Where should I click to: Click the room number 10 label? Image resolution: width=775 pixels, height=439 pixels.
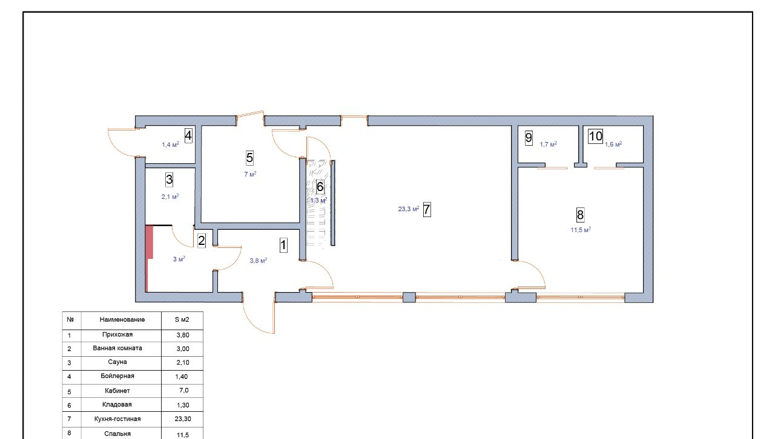click(595, 136)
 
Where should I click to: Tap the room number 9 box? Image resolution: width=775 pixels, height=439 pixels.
click(529, 138)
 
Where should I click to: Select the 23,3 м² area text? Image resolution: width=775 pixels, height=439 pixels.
click(409, 209)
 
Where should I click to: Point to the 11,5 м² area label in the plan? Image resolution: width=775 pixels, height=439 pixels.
click(581, 230)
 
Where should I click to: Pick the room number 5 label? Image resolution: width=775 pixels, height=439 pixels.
click(249, 158)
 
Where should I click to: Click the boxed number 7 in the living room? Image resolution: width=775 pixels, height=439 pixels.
click(427, 209)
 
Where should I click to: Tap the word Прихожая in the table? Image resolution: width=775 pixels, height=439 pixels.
click(117, 334)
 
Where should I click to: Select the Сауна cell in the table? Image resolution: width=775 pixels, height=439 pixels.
click(117, 362)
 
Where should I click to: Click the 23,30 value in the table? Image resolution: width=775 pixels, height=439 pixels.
click(183, 418)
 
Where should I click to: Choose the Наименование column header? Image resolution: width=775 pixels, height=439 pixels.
click(122, 319)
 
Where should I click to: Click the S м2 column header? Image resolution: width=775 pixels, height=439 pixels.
click(182, 319)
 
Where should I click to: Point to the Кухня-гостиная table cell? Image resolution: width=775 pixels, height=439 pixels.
click(117, 418)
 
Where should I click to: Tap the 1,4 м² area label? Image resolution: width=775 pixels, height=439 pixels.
click(170, 145)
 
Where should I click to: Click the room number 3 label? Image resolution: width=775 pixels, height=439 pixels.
click(169, 180)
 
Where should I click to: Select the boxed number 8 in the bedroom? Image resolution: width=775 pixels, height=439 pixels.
click(580, 215)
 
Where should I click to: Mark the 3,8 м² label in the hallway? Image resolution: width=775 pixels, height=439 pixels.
click(259, 261)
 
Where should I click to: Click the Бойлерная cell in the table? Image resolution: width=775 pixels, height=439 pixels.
click(117, 376)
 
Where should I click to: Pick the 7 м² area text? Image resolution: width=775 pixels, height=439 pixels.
click(250, 174)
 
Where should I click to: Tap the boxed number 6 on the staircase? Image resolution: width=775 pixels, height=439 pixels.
click(320, 187)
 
